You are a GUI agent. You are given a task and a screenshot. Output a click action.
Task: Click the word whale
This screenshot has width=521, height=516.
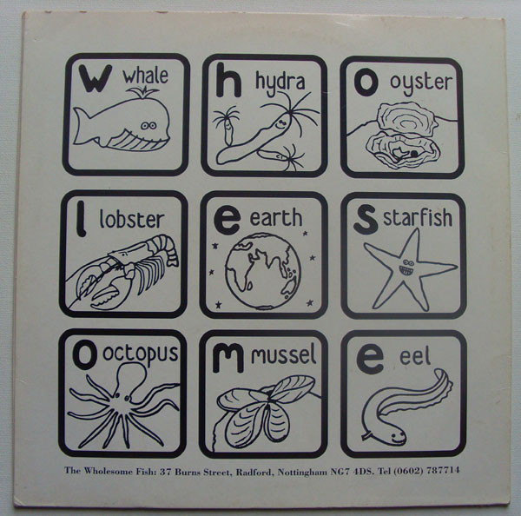pyautogui.click(x=146, y=76)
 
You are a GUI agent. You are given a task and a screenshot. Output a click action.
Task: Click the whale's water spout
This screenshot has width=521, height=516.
pyautogui.click(x=143, y=92)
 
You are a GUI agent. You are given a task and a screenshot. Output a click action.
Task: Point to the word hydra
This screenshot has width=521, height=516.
pyautogui.click(x=280, y=83)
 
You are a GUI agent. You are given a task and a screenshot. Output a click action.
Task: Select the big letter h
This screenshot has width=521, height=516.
pyautogui.click(x=228, y=80)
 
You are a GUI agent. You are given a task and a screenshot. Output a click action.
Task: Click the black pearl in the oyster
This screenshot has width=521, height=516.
pyautogui.click(x=414, y=154)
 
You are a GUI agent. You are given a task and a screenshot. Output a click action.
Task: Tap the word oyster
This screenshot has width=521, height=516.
pyautogui.click(x=420, y=83)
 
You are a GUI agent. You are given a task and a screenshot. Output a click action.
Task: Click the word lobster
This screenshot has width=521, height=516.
pyautogui.click(x=132, y=219)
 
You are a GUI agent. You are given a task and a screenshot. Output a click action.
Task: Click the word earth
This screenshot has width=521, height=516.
pyautogui.click(x=276, y=217)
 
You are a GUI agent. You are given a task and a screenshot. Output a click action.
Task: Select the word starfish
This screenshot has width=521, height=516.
pyautogui.click(x=418, y=217)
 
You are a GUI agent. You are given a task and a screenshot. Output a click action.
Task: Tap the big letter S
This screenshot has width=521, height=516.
pyautogui.click(x=366, y=219)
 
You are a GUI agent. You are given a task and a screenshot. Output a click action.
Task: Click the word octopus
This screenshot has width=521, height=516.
pyautogui.click(x=140, y=354)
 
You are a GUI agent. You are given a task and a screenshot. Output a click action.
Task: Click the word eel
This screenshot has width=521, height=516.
pyautogui.click(x=415, y=356)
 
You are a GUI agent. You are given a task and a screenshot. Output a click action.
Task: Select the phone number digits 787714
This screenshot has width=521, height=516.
pyautogui.click(x=443, y=470)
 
